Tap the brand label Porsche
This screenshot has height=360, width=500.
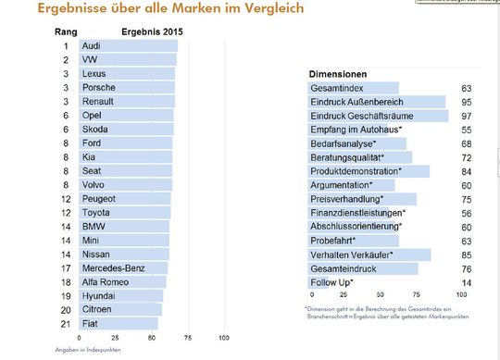tap(99, 87)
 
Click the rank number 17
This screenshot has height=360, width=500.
tap(66, 267)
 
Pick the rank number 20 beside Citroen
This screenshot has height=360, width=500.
tap(66, 309)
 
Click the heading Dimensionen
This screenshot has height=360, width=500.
tap(337, 73)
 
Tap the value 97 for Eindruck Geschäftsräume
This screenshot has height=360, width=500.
tap(467, 116)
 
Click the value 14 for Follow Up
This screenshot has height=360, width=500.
tap(467, 282)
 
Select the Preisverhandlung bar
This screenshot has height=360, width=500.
tap(362, 199)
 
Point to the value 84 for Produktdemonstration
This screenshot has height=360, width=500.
tap(467, 171)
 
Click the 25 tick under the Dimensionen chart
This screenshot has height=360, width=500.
tap(344, 295)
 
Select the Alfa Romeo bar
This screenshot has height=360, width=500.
tap(121, 281)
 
